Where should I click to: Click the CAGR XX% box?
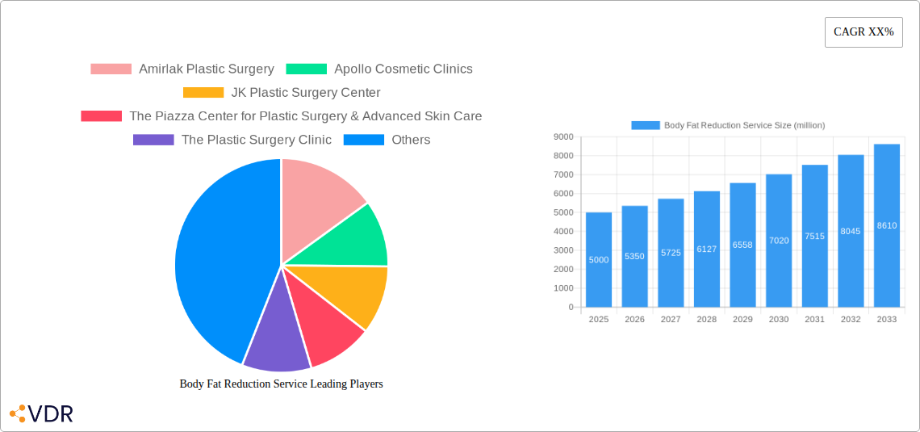click(x=864, y=32)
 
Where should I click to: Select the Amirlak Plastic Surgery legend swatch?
click(x=111, y=69)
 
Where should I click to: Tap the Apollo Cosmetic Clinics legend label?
click(x=403, y=69)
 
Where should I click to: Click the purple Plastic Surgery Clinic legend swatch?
click(x=153, y=140)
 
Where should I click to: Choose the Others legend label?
click(x=411, y=140)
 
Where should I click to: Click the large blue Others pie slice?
click(x=218, y=258)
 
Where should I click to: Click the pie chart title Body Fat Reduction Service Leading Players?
click(x=281, y=384)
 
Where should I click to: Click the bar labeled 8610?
click(x=886, y=226)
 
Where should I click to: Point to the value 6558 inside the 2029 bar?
click(x=742, y=245)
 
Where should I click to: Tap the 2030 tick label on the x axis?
click(x=779, y=320)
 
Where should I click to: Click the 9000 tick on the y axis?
click(x=563, y=137)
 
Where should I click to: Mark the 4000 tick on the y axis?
click(x=563, y=232)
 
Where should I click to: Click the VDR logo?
click(x=42, y=414)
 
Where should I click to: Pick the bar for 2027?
click(x=671, y=253)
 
